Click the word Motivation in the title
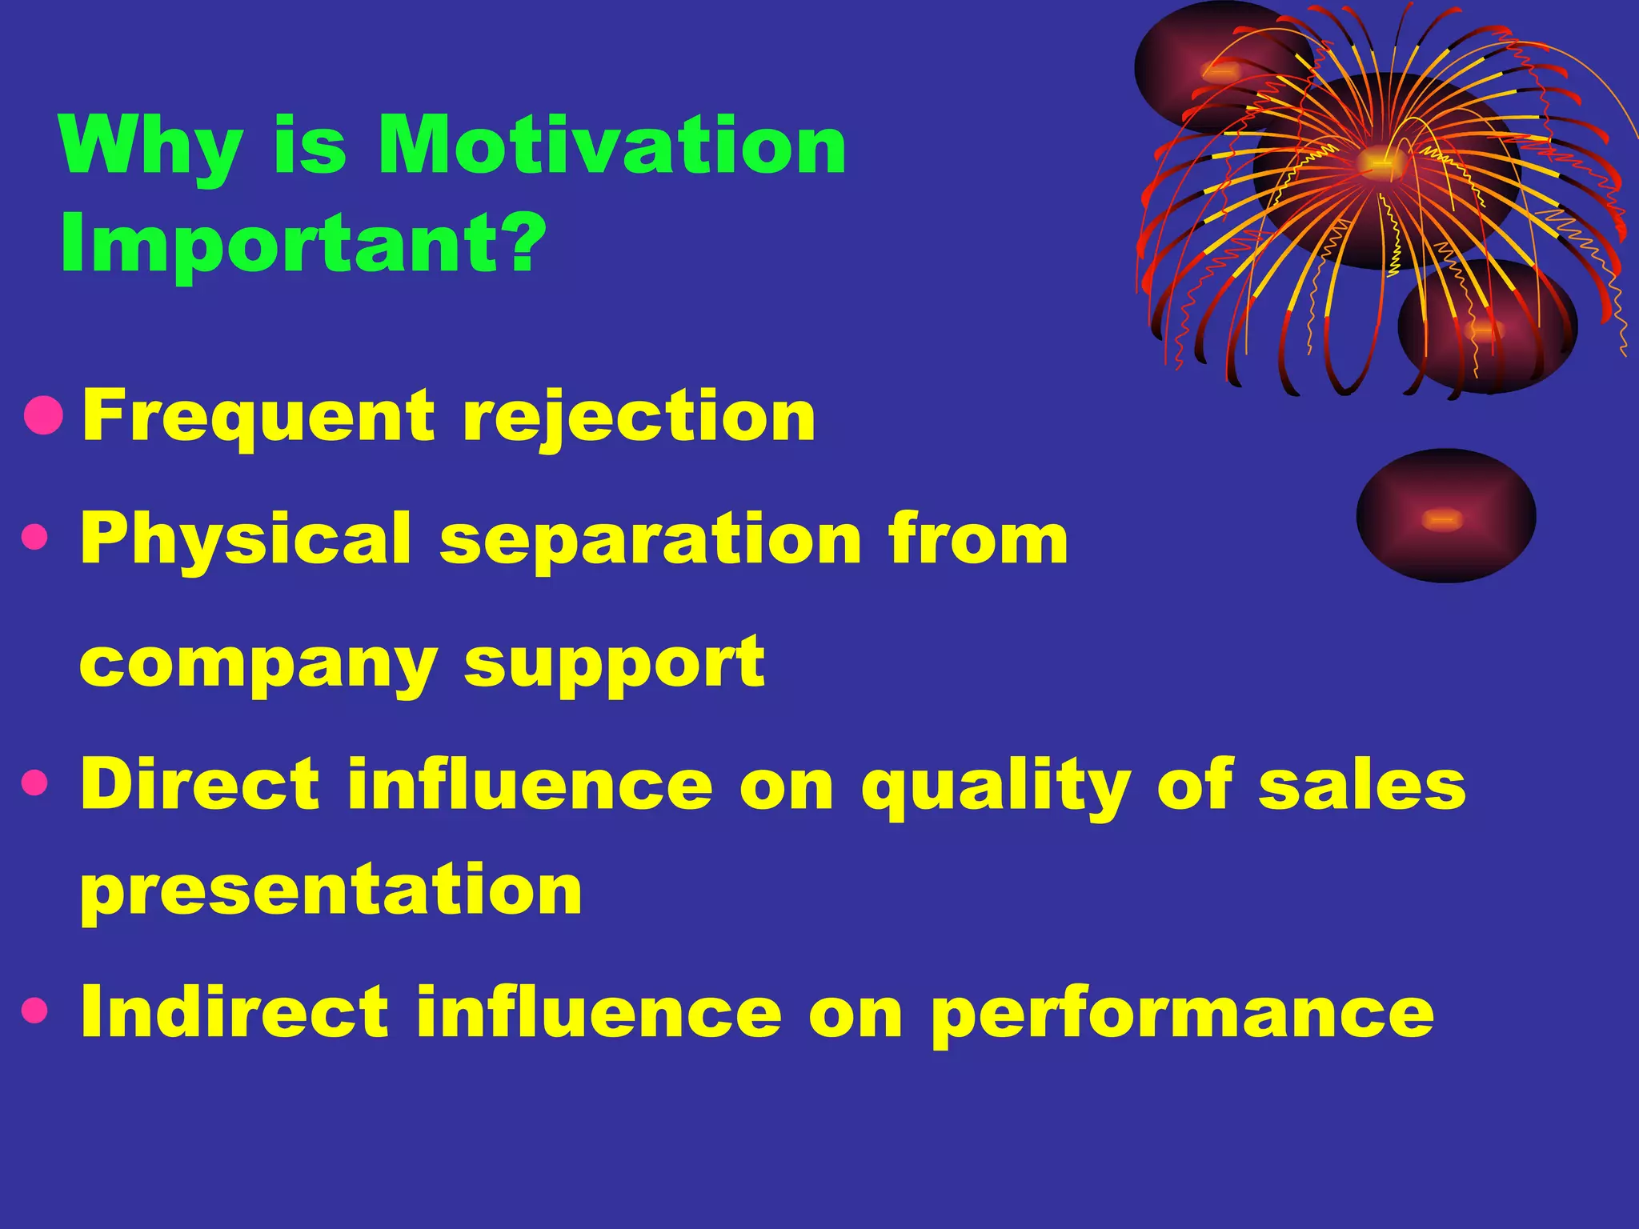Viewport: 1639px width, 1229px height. pos(612,146)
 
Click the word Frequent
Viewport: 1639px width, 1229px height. pos(259,417)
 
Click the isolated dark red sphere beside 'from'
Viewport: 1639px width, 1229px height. pos(1445,516)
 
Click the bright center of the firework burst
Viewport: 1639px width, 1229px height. pos(1378,162)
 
